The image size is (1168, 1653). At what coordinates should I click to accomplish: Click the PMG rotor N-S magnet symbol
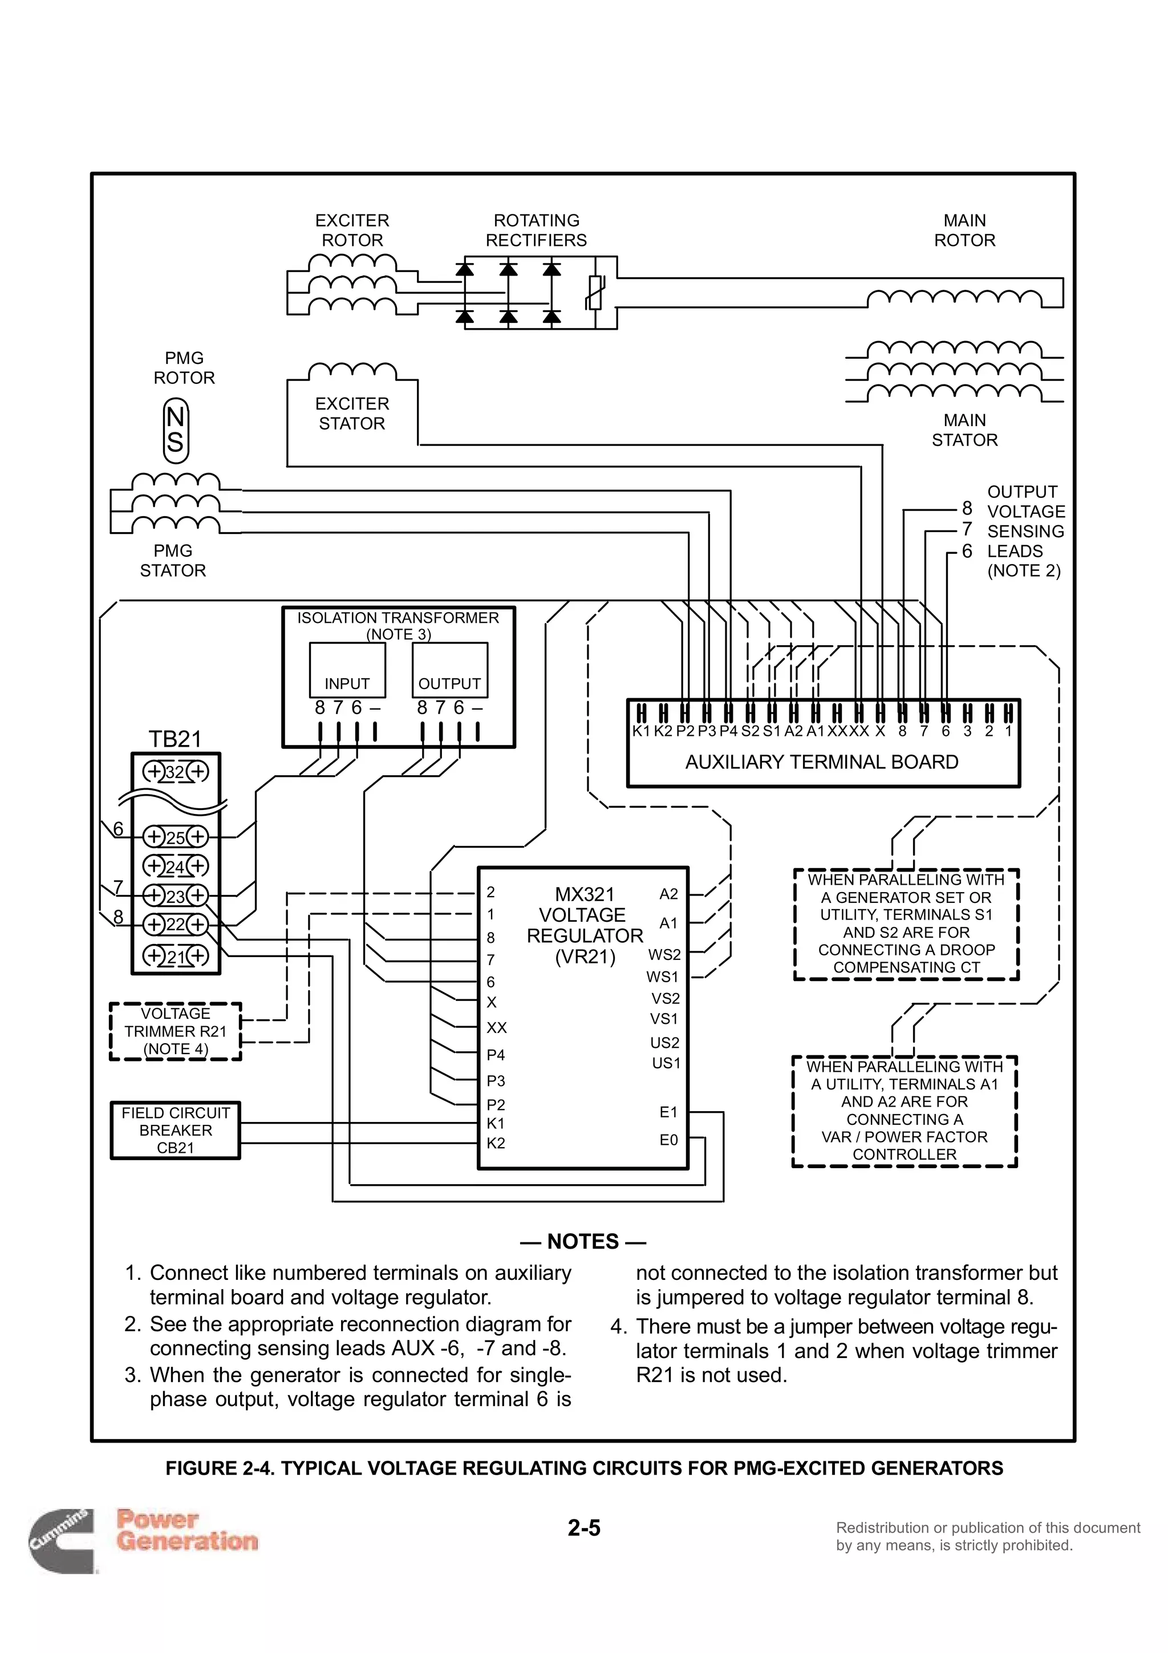click(x=176, y=430)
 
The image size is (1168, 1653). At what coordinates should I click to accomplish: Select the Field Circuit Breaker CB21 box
click(x=175, y=1129)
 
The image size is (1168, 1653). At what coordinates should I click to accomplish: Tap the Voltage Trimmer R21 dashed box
click(x=175, y=1031)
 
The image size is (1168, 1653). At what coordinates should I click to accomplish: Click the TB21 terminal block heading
click(x=175, y=739)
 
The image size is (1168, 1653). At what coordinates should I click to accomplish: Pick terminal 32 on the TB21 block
click(x=176, y=772)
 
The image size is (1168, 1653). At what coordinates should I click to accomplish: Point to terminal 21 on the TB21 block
click(x=176, y=956)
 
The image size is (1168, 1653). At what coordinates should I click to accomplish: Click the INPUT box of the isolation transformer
click(x=347, y=670)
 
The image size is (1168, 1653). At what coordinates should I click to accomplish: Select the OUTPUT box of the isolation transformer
click(x=450, y=670)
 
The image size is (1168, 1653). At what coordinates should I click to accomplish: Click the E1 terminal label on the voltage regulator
click(x=668, y=1112)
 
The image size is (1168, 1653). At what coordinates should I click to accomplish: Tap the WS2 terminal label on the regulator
click(x=664, y=955)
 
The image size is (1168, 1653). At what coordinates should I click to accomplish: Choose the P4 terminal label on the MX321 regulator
click(x=496, y=1055)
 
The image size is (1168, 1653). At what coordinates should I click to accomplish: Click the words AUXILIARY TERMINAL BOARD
click(x=822, y=761)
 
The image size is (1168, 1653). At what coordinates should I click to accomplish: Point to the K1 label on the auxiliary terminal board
click(x=640, y=731)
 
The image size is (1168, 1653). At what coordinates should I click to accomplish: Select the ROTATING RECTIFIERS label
click(x=536, y=230)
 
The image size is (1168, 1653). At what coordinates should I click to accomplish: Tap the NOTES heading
click(x=583, y=1241)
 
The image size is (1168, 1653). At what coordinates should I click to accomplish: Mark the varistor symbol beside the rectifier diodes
click(x=594, y=292)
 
